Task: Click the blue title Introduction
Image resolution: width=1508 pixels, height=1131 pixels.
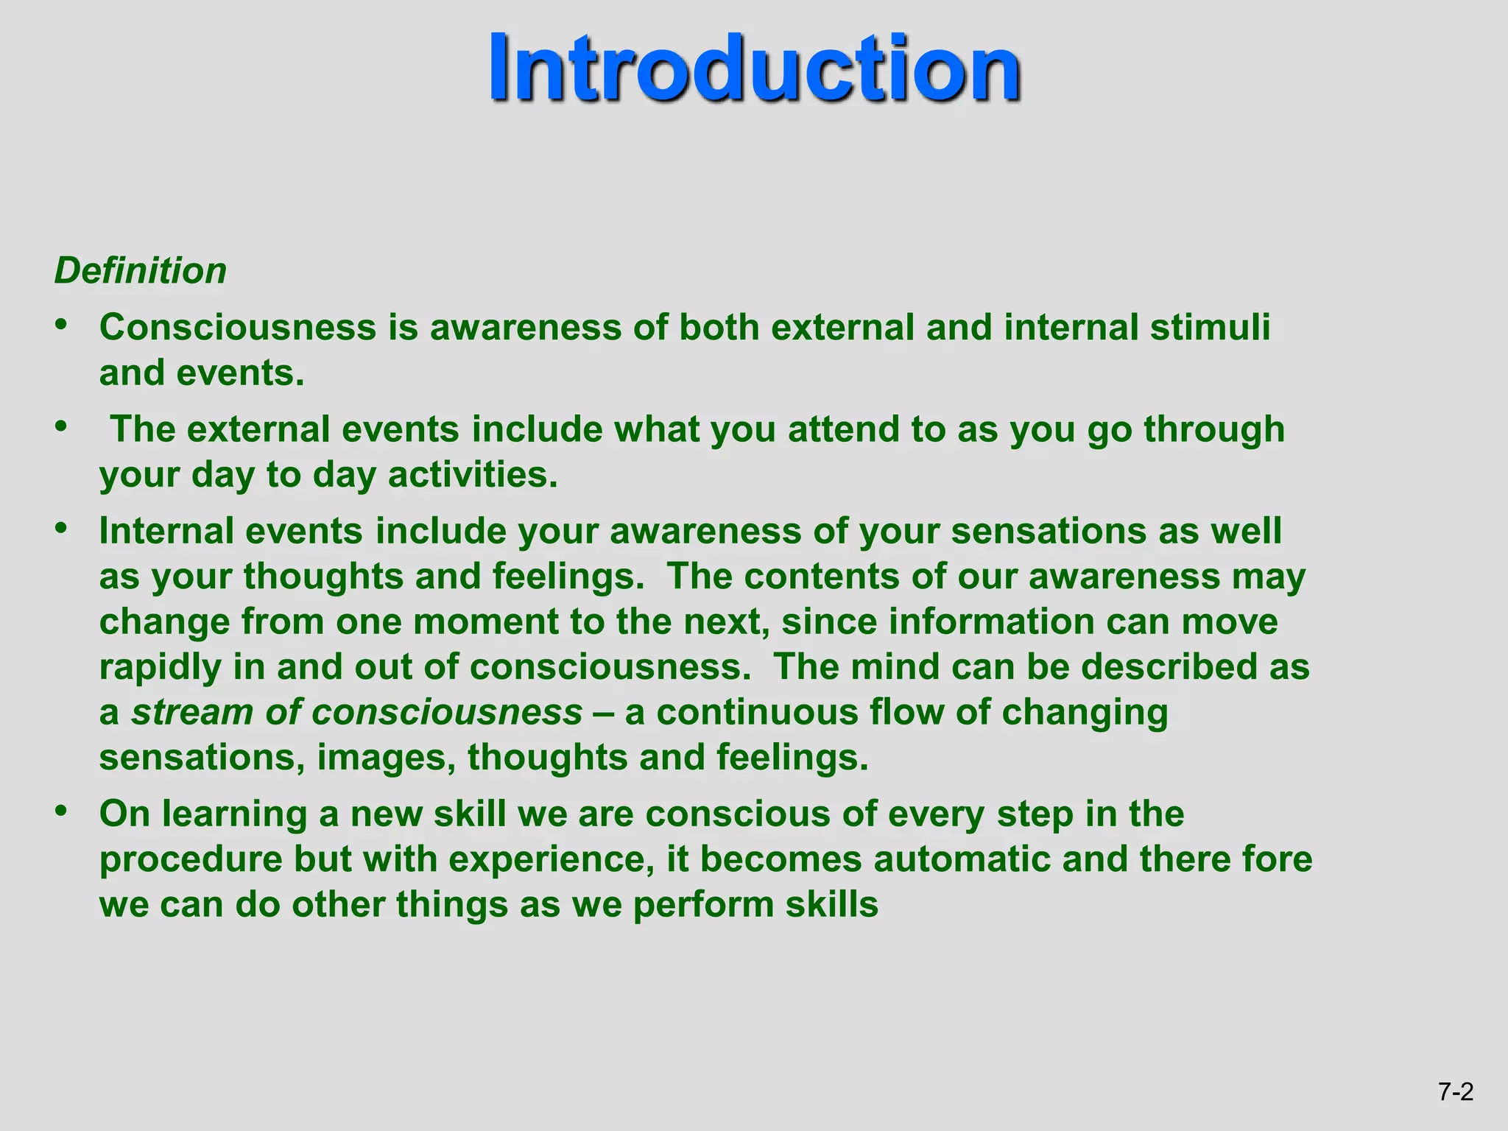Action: [x=754, y=68]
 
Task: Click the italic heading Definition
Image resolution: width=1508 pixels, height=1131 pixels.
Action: [x=140, y=271]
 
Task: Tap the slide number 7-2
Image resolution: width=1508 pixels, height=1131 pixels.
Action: [x=1456, y=1091]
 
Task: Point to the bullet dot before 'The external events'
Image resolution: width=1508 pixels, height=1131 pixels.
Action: [x=62, y=426]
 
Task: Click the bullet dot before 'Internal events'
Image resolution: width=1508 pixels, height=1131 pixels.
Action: [x=62, y=528]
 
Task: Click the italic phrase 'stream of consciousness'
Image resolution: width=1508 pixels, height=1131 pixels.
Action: [x=356, y=713]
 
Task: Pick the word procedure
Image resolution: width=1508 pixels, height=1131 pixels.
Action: [x=191, y=859]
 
